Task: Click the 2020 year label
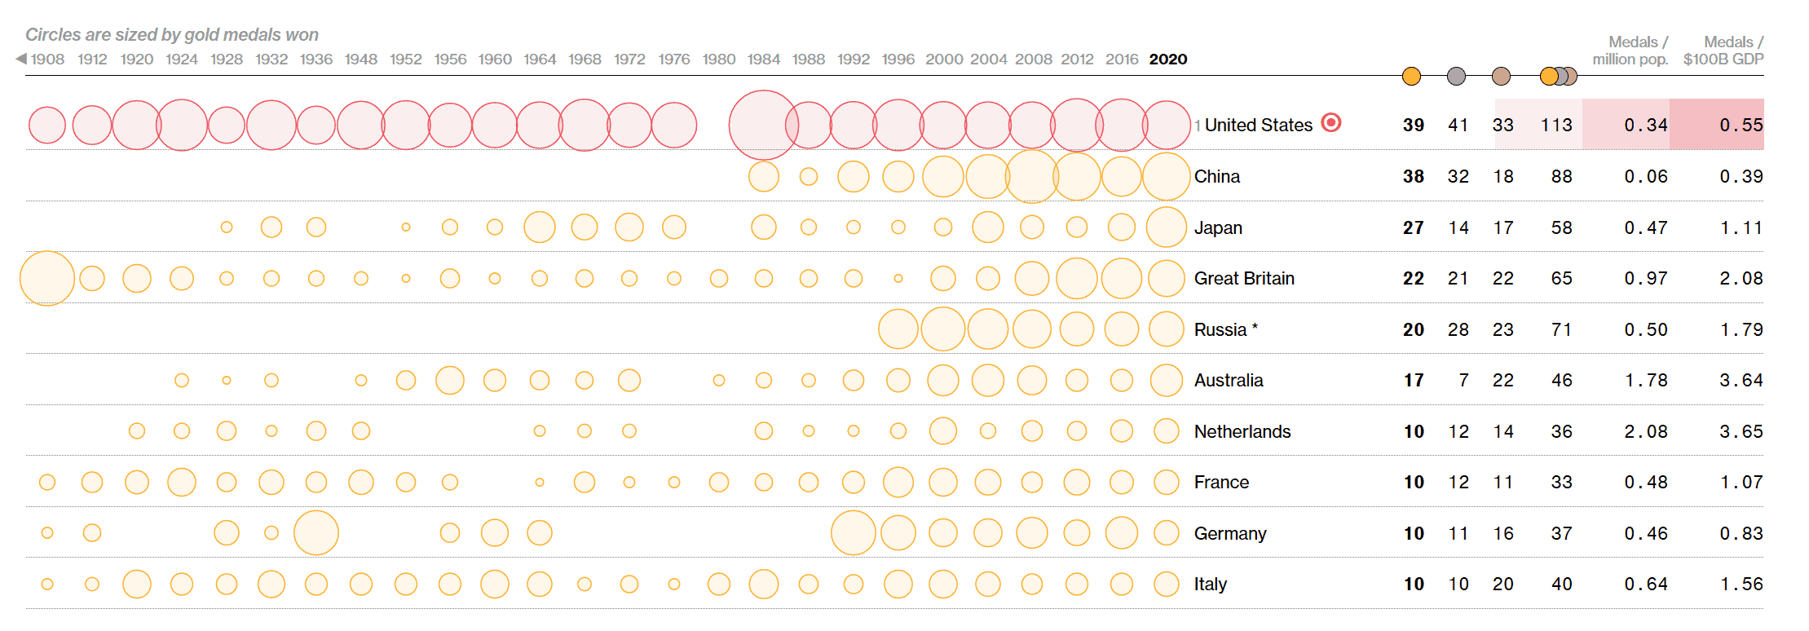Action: [x=1167, y=60]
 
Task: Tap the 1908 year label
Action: [x=47, y=60]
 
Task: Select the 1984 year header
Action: [x=763, y=60]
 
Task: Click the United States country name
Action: [x=1258, y=125]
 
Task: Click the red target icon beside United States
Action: [x=1330, y=122]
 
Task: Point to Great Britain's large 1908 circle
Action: [x=47, y=278]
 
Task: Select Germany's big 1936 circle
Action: [x=316, y=532]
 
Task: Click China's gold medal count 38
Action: [x=1413, y=176]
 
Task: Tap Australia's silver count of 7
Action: [x=1463, y=380]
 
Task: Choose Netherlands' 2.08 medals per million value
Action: [x=1645, y=431]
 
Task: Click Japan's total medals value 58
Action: [x=1561, y=227]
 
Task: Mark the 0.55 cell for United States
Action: [x=1741, y=125]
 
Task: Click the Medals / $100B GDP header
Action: [x=1723, y=51]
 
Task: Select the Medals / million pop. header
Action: [x=1630, y=51]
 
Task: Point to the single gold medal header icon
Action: [x=1411, y=77]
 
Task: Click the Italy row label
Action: [x=1210, y=584]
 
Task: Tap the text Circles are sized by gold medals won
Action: [x=171, y=34]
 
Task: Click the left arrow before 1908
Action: [x=21, y=59]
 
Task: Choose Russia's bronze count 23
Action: [x=1502, y=329]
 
